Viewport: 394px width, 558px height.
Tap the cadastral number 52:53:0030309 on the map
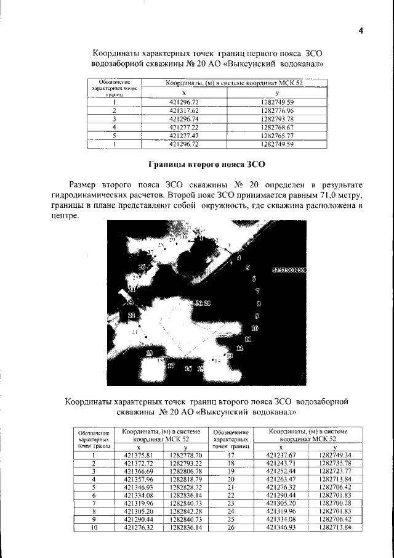pyautogui.click(x=289, y=270)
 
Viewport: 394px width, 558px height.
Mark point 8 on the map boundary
pyautogui.click(x=259, y=303)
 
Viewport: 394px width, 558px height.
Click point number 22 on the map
pyautogui.click(x=131, y=315)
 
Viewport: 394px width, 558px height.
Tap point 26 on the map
pyautogui.click(x=142, y=266)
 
